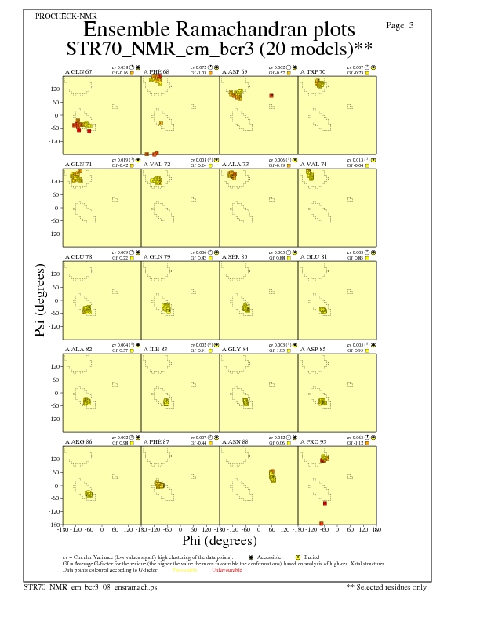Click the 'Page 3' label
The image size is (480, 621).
click(x=400, y=25)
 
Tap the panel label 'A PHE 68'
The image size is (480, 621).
click(x=157, y=72)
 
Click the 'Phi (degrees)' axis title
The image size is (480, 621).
click(x=220, y=541)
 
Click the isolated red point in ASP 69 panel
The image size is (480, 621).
click(x=271, y=96)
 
